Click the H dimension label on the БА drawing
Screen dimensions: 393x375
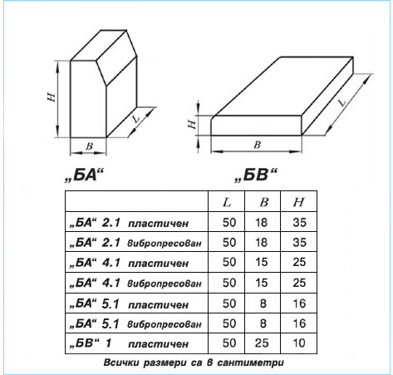pyautogui.click(x=52, y=97)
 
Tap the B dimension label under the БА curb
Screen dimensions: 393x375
pyautogui.click(x=89, y=146)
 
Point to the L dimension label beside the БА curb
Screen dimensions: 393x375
pyautogui.click(x=136, y=119)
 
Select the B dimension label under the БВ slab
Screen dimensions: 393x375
pyautogui.click(x=258, y=145)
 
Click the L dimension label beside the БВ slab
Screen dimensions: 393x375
pyautogui.click(x=343, y=102)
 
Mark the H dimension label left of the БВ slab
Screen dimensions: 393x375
pyautogui.click(x=192, y=124)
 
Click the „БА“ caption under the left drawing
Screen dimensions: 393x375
pyautogui.click(x=84, y=175)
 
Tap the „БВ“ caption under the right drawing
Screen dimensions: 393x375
pyautogui.click(x=255, y=175)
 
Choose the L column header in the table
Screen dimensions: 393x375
pyautogui.click(x=227, y=202)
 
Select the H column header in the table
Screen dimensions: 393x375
pyautogui.click(x=298, y=202)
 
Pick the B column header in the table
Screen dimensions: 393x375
pyautogui.click(x=264, y=202)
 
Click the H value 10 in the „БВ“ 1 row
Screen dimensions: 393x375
pyautogui.click(x=299, y=343)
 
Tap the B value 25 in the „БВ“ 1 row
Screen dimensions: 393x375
pyautogui.click(x=262, y=343)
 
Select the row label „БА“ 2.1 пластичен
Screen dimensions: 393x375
pyautogui.click(x=129, y=223)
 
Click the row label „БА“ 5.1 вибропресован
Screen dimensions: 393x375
pyautogui.click(x=135, y=323)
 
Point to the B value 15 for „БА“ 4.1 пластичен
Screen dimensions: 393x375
pyautogui.click(x=262, y=262)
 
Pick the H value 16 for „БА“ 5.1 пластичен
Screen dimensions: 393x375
pyautogui.click(x=299, y=303)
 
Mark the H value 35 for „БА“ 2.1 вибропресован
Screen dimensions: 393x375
pyautogui.click(x=300, y=243)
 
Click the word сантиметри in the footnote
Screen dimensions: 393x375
pyautogui.click(x=251, y=363)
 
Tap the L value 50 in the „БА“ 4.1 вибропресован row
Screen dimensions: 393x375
pyautogui.click(x=229, y=283)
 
